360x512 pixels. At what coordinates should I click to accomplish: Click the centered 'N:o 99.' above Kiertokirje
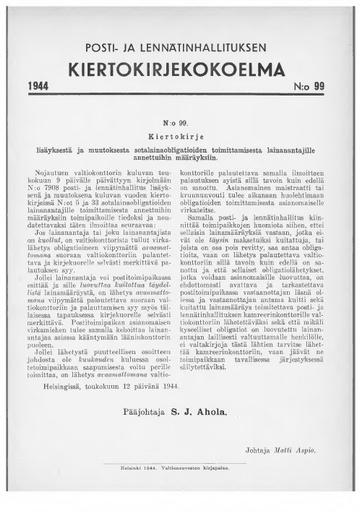coord(180,116)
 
